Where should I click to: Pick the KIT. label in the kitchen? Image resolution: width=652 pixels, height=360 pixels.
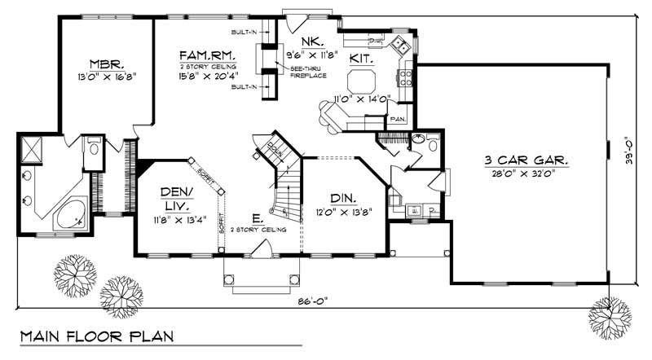tap(362, 59)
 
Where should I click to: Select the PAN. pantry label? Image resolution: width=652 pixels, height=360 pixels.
tap(397, 119)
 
